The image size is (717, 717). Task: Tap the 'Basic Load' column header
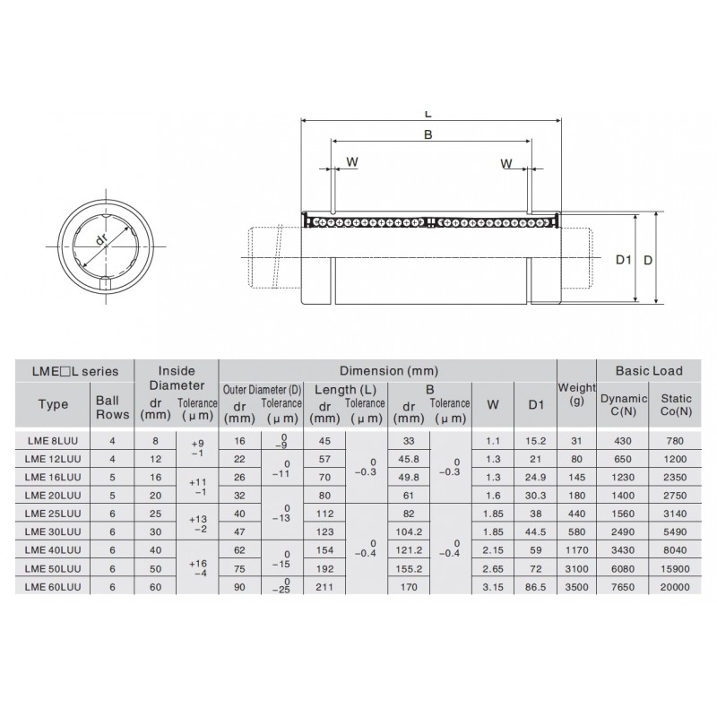click(649, 371)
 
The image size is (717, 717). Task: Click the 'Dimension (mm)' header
click(387, 371)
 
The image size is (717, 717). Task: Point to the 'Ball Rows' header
click(111, 405)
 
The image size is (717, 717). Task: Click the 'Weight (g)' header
click(575, 393)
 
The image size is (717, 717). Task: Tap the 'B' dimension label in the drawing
click(428, 135)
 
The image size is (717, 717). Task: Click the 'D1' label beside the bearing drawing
click(624, 260)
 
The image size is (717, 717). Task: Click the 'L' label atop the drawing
click(428, 114)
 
